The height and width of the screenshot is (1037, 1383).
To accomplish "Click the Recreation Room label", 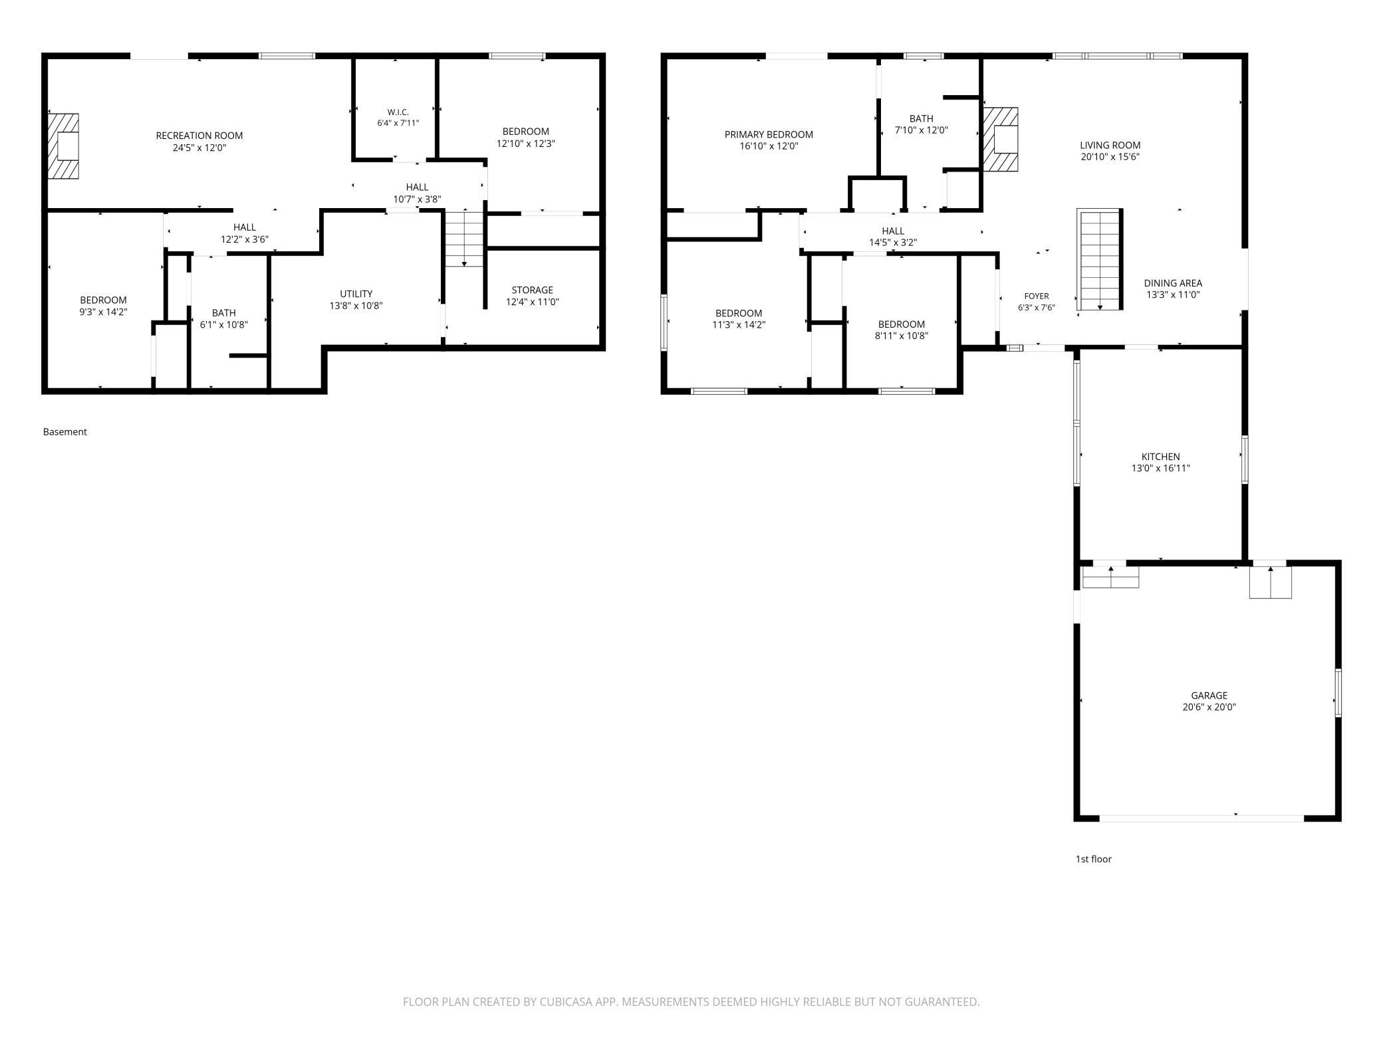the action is pyautogui.click(x=199, y=136).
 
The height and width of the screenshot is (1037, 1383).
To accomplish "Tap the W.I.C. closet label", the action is pyautogui.click(x=398, y=112).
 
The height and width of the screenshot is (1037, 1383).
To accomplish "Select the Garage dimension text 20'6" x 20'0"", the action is pyautogui.click(x=1209, y=707).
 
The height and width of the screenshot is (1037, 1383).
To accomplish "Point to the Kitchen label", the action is pyautogui.click(x=1161, y=457).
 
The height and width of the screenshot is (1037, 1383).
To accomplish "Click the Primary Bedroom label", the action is pyautogui.click(x=769, y=134).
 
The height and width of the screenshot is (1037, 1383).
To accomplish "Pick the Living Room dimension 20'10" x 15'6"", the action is pyautogui.click(x=1110, y=157).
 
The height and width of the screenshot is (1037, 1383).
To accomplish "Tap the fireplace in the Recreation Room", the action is pyautogui.click(x=63, y=146).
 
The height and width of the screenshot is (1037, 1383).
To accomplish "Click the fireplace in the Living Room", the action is pyautogui.click(x=1001, y=140).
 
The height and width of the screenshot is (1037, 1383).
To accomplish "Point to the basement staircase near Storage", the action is pyautogui.click(x=464, y=238).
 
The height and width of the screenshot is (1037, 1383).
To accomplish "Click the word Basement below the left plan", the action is pyautogui.click(x=65, y=432).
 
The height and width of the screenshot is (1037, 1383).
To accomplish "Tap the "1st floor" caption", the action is pyautogui.click(x=1094, y=859).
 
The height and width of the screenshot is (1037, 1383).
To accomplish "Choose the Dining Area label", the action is pyautogui.click(x=1173, y=283).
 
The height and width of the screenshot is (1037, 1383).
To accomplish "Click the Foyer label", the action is pyautogui.click(x=1037, y=296).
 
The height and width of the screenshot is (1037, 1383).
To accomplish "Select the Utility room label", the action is pyautogui.click(x=356, y=294).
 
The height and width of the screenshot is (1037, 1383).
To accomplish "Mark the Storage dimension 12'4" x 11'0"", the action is pyautogui.click(x=533, y=302).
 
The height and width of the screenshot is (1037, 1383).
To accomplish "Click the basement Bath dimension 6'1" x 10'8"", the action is pyautogui.click(x=224, y=324).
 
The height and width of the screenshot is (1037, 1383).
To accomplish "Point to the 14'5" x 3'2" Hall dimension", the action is pyautogui.click(x=893, y=243).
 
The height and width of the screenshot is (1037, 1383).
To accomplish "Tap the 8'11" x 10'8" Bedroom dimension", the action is pyautogui.click(x=902, y=336).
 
